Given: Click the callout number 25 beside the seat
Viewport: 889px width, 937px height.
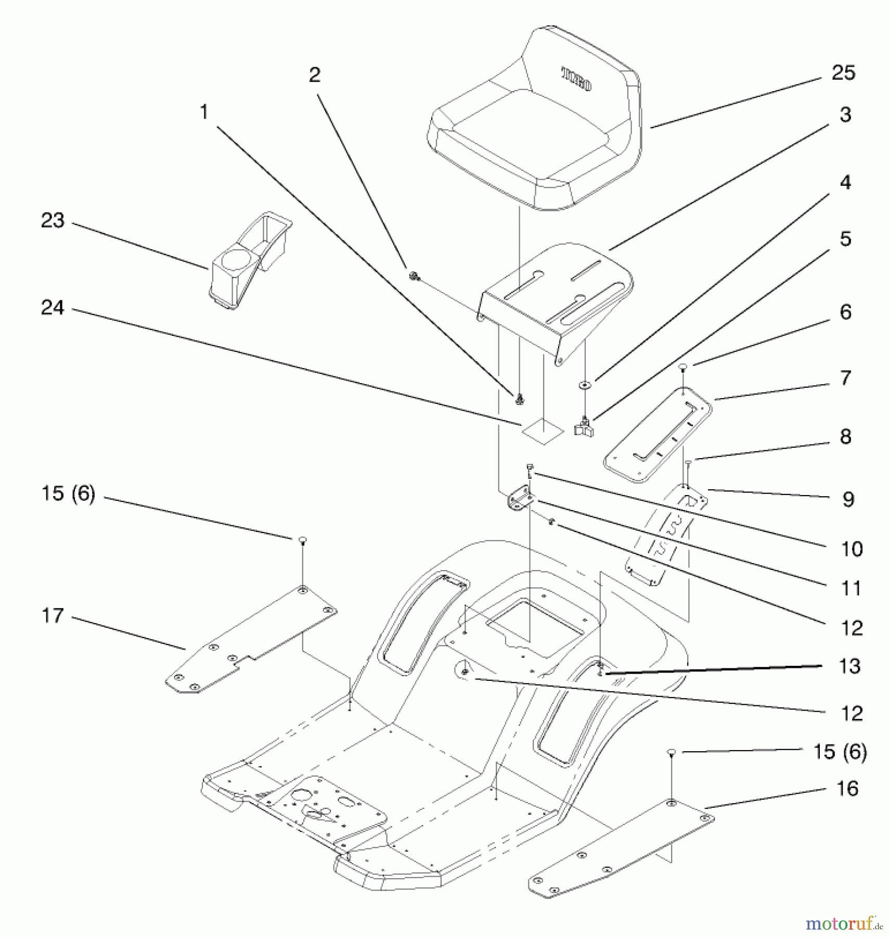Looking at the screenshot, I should tap(843, 73).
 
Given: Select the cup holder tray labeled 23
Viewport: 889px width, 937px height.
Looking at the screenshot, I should tap(250, 260).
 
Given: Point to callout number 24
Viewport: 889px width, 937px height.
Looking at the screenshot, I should tap(52, 308).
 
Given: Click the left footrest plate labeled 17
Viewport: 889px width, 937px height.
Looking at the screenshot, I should tap(250, 640).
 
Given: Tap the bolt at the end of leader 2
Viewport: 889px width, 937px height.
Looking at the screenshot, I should tap(415, 276).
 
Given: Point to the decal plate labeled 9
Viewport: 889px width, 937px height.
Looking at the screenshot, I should tap(666, 534).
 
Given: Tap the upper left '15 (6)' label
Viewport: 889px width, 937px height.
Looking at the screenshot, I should tap(68, 493).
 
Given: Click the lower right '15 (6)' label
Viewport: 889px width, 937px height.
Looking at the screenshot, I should tap(839, 752).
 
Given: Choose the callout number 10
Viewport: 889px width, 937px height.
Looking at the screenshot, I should tap(852, 549).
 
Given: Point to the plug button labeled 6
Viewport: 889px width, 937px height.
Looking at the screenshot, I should tap(684, 368).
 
